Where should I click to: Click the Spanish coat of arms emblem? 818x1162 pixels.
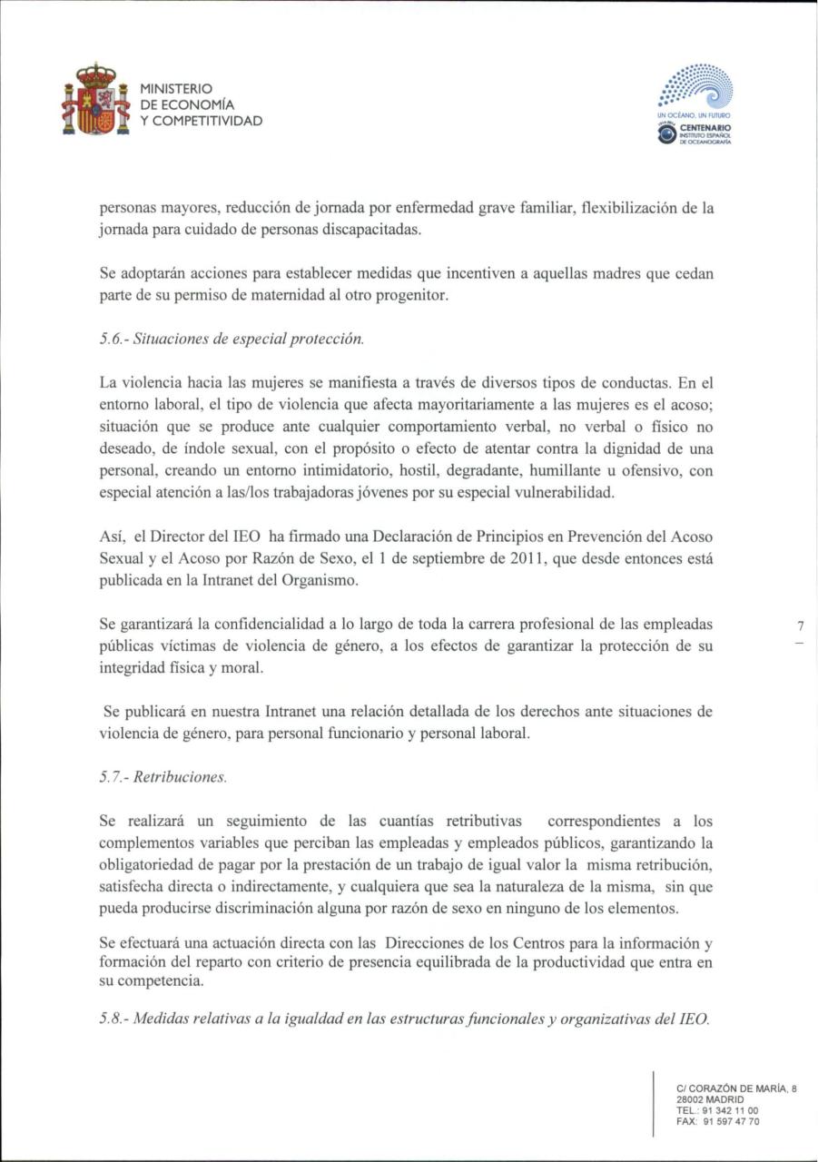(x=94, y=101)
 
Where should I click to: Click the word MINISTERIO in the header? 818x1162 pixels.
(x=176, y=89)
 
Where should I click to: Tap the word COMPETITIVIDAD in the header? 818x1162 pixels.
(x=208, y=121)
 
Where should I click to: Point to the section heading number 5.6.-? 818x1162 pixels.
(x=113, y=340)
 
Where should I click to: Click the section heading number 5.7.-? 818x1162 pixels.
(x=113, y=778)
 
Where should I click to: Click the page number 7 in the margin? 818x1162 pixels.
(x=800, y=626)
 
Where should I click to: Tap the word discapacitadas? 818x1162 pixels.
(x=367, y=230)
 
